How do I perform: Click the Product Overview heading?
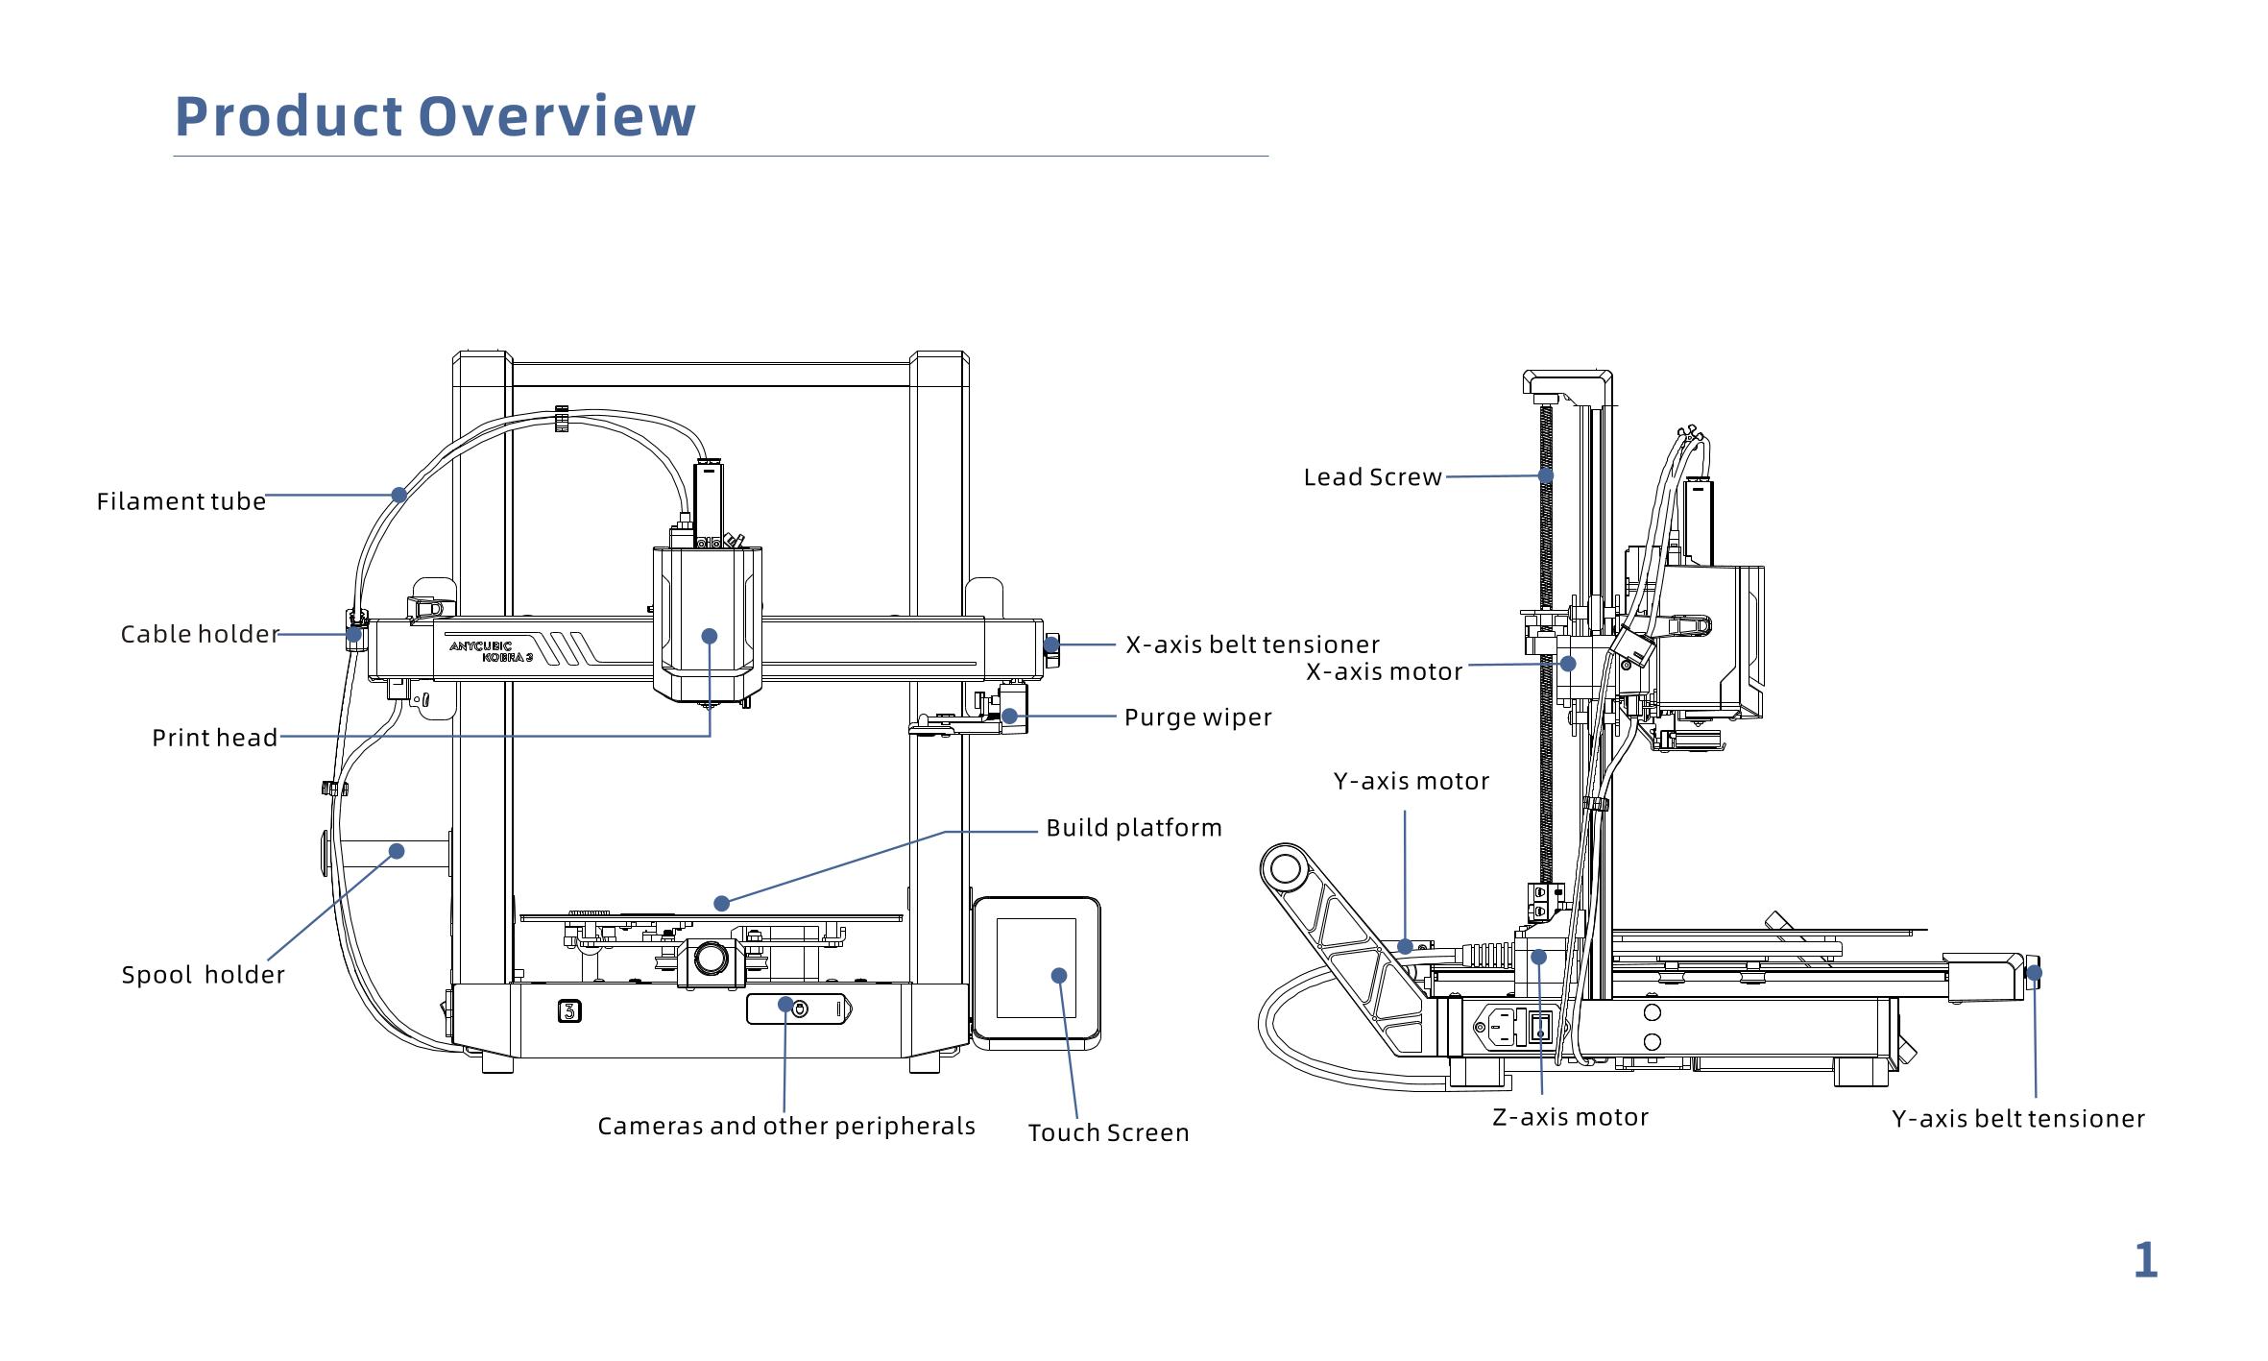click(435, 116)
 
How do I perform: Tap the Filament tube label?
click(181, 501)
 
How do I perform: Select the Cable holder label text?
click(200, 634)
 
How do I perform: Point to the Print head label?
click(215, 738)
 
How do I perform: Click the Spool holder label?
click(204, 975)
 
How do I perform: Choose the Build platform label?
click(1134, 828)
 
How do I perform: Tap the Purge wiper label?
click(1197, 717)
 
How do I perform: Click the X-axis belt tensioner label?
click(1252, 644)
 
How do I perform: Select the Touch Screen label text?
click(1109, 1133)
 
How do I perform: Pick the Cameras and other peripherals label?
click(786, 1126)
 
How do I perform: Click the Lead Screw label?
click(1372, 477)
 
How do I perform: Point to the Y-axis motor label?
click(1411, 782)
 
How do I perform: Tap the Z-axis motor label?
click(1570, 1117)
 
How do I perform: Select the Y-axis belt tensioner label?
click(2018, 1119)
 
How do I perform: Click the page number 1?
click(2145, 1260)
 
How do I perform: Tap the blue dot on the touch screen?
click(1059, 976)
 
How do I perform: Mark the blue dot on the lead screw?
click(1546, 474)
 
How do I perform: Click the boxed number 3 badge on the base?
click(569, 1011)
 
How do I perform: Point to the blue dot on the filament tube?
click(399, 495)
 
